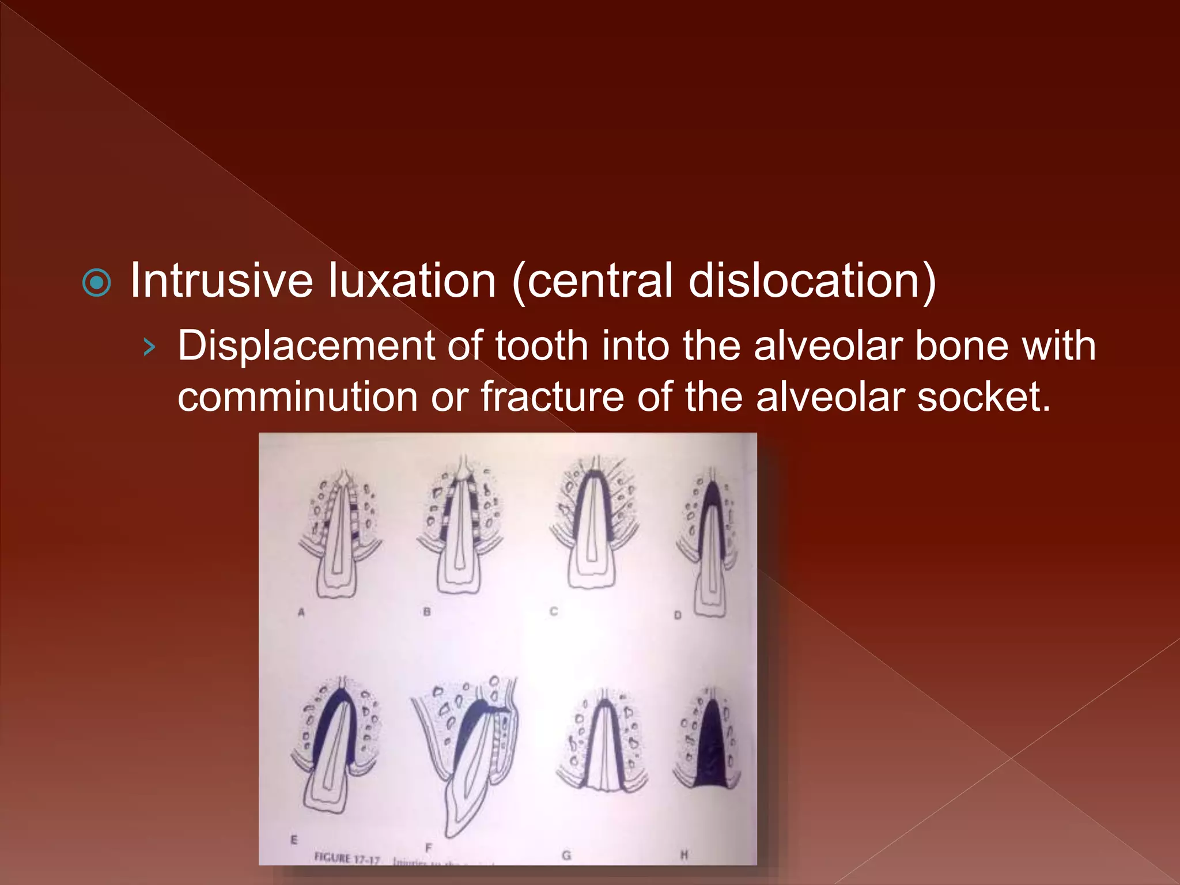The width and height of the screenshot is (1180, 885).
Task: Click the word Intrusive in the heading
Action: coord(221,281)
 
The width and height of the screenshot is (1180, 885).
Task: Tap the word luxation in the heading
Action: coord(413,281)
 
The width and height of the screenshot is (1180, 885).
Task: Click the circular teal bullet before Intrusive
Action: coord(96,282)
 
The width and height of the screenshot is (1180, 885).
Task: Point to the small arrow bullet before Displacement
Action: coord(149,347)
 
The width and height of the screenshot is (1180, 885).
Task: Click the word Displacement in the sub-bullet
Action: coord(305,346)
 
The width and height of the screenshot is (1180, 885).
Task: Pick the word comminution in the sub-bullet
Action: coord(297,397)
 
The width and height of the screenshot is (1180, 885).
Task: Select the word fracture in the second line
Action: coord(552,397)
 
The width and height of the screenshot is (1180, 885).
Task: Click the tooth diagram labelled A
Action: coord(339,533)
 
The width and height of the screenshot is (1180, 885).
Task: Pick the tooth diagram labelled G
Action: coord(602,740)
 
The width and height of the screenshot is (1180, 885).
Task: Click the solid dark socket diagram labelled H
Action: coord(709,740)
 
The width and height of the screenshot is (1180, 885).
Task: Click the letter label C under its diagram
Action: coord(554,611)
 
